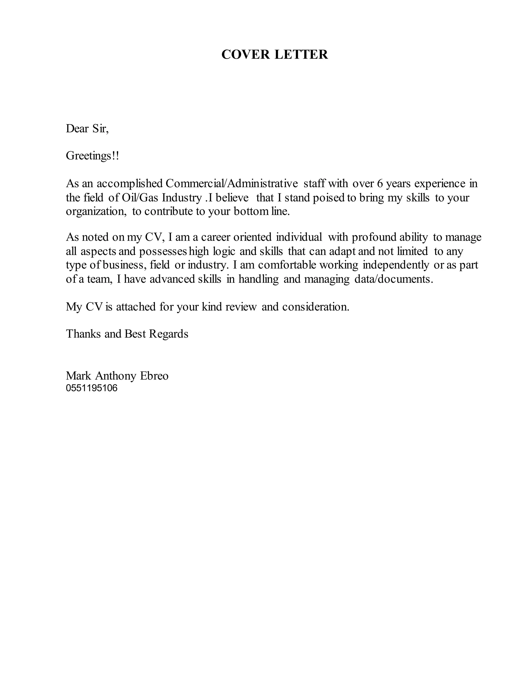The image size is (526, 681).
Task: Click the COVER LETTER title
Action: (275, 54)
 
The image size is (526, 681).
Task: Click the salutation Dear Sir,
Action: (87, 128)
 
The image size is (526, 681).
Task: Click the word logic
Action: (224, 251)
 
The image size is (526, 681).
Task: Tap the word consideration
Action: (316, 307)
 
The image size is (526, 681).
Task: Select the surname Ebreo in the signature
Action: (154, 376)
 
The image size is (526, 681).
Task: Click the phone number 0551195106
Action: (92, 388)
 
